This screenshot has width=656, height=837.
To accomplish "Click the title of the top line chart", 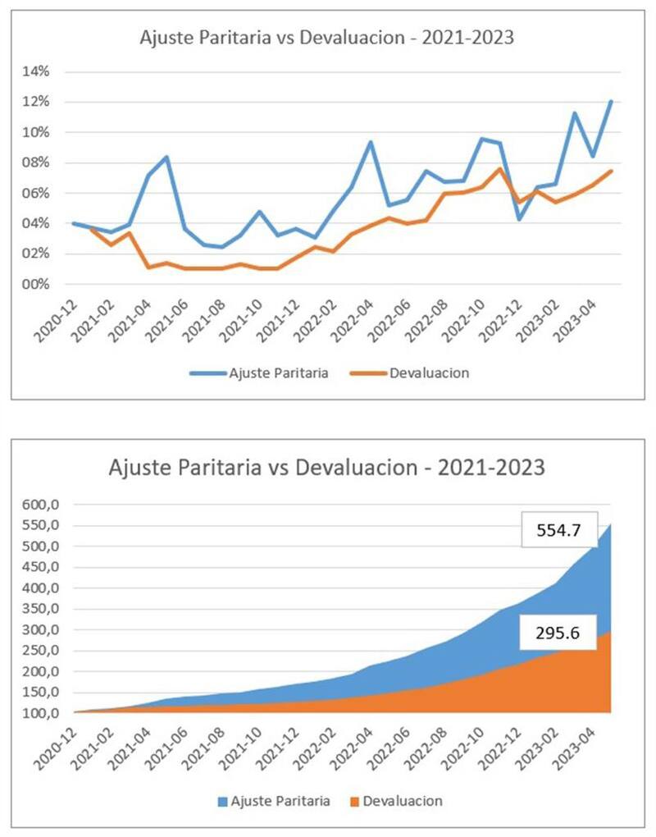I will (327, 38).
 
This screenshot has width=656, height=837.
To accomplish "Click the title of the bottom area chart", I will (327, 468).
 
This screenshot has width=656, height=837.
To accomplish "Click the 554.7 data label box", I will (559, 530).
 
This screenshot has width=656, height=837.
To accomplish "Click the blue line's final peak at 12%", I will (611, 102).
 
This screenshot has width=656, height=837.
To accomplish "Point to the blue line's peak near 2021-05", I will (166, 157).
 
